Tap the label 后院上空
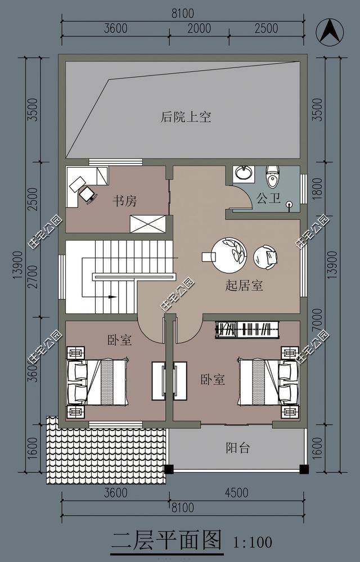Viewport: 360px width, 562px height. pos(186,117)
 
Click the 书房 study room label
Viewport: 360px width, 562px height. pos(124,200)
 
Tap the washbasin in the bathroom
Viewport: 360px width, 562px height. pos(243,173)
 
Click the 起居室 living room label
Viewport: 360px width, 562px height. pos(244,285)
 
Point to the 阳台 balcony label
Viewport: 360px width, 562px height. pos(238,448)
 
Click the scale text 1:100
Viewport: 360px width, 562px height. pos(253,542)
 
